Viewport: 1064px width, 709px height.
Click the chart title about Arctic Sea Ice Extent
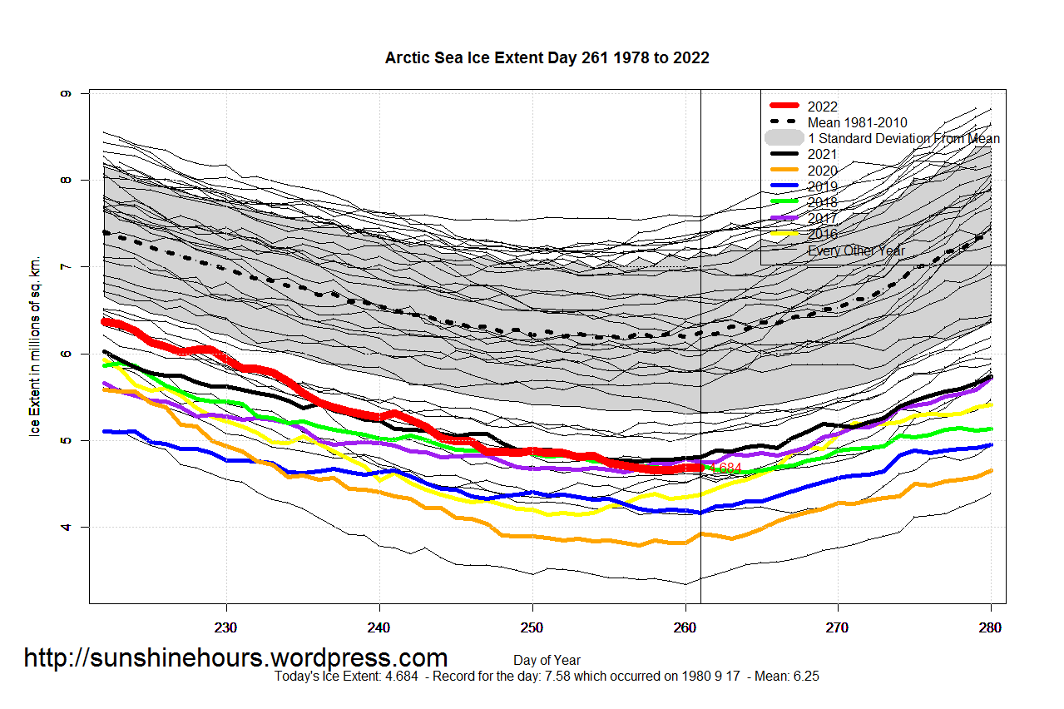[547, 57]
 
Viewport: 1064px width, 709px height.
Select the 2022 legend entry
[822, 107]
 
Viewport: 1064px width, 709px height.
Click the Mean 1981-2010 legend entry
[857, 122]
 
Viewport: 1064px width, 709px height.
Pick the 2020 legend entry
[822, 171]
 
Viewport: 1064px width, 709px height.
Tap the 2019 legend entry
[822, 186]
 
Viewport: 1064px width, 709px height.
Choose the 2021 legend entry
[822, 154]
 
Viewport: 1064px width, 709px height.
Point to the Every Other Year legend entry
[856, 250]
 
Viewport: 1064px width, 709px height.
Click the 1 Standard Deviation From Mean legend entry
[903, 138]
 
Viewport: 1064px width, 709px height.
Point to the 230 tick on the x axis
[226, 627]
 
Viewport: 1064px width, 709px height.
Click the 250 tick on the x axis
[532, 627]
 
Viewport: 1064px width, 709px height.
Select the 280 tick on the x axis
[990, 627]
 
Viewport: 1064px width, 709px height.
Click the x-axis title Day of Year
[547, 661]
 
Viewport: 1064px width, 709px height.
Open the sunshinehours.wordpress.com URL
[235, 657]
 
